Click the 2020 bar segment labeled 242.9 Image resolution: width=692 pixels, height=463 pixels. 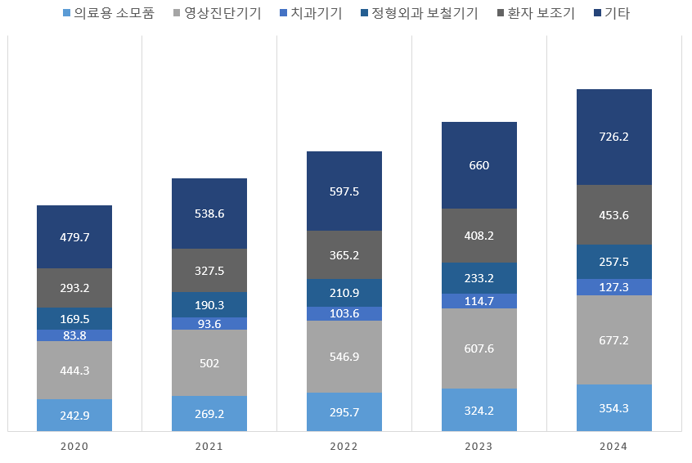pyautogui.click(x=74, y=415)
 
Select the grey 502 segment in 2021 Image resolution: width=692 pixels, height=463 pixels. pyautogui.click(x=209, y=363)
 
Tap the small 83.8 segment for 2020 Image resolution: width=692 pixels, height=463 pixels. pyautogui.click(x=74, y=335)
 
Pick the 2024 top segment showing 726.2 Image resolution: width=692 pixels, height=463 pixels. pyautogui.click(x=614, y=137)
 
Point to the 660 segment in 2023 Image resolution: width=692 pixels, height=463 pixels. pyautogui.click(x=479, y=165)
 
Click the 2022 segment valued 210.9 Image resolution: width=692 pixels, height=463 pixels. pyautogui.click(x=344, y=293)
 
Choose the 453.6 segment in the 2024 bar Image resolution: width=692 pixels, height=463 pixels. pyautogui.click(x=614, y=215)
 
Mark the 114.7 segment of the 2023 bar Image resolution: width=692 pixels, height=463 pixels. pyautogui.click(x=479, y=301)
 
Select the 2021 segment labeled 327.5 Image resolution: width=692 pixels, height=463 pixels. pyautogui.click(x=209, y=271)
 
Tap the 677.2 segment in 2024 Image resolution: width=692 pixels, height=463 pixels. pyautogui.click(x=614, y=339)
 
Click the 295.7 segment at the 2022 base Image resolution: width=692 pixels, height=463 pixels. pyautogui.click(x=344, y=411)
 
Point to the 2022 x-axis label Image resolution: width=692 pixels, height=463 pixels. pyautogui.click(x=344, y=447)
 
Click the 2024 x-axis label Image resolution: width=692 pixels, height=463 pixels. pyautogui.click(x=614, y=447)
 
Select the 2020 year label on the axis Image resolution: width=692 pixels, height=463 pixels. pyautogui.click(x=74, y=447)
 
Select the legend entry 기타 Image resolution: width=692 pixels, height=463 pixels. pyautogui.click(x=616, y=13)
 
